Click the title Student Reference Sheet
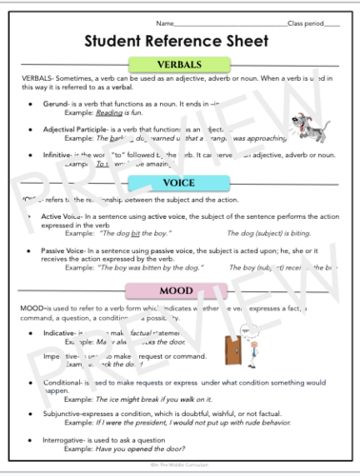[x=180, y=41]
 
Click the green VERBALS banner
[x=180, y=65]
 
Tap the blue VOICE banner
[x=180, y=185]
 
